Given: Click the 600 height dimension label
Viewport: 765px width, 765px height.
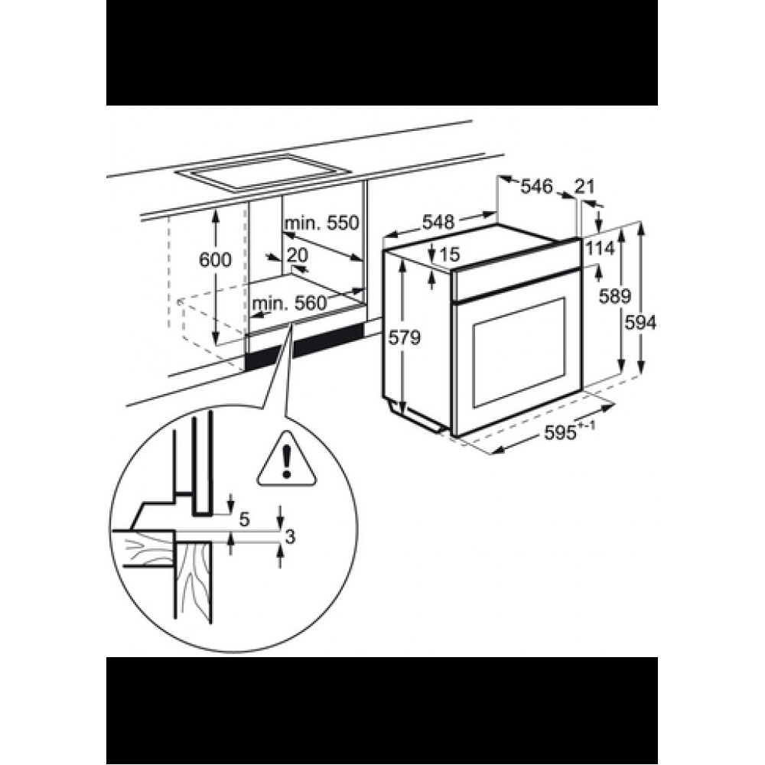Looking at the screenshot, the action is pyautogui.click(x=215, y=259).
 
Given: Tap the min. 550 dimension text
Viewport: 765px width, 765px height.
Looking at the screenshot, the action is pyautogui.click(x=321, y=223).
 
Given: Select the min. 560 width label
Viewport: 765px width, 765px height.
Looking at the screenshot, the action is pyautogui.click(x=288, y=304).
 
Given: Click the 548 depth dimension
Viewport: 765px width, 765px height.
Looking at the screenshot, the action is pyautogui.click(x=438, y=222).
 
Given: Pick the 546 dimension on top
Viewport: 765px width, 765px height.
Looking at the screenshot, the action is pyautogui.click(x=537, y=186).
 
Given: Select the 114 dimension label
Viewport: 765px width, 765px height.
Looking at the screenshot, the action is pyautogui.click(x=600, y=249).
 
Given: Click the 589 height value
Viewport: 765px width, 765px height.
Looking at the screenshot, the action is pyautogui.click(x=615, y=296).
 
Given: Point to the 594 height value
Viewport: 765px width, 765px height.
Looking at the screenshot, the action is pyautogui.click(x=641, y=323).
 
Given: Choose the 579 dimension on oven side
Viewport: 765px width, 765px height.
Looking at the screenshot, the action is pyautogui.click(x=404, y=337).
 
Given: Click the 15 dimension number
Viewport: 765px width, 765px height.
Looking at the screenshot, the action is pyautogui.click(x=450, y=254).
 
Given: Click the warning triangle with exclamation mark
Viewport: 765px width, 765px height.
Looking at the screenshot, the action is pyautogui.click(x=287, y=461).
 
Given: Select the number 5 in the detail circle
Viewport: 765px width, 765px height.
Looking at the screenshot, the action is pyautogui.click(x=245, y=519).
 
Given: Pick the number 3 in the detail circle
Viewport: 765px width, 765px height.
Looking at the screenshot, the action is pyautogui.click(x=290, y=537).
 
